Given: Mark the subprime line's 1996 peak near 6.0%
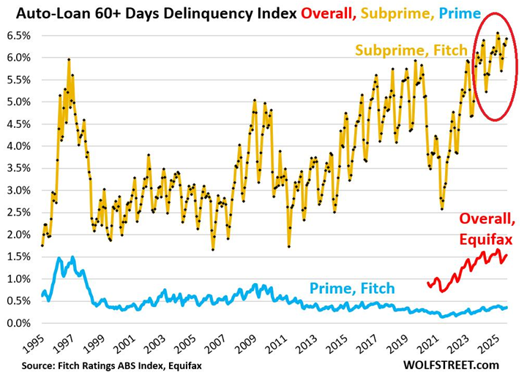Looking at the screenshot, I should pyautogui.click(x=69, y=59).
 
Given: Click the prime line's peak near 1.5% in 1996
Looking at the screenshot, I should pyautogui.click(x=72, y=257).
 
